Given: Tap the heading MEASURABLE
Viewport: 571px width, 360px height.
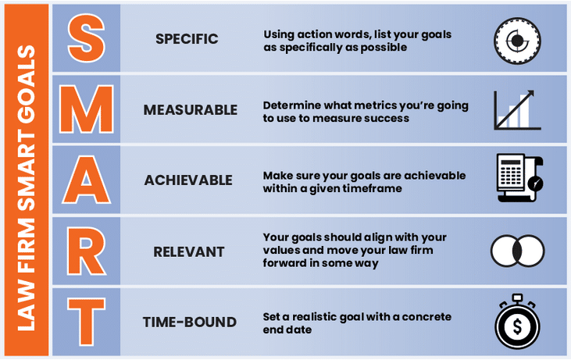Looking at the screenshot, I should click(x=190, y=110).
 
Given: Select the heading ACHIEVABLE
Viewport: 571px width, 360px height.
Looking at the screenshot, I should click(x=188, y=180).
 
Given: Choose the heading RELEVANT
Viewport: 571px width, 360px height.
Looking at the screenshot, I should click(x=189, y=251).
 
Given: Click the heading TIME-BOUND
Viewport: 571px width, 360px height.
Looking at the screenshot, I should click(x=189, y=322).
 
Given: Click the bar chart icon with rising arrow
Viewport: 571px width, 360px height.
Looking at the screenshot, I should click(x=517, y=109).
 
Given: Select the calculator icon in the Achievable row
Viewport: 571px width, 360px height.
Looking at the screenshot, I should click(x=519, y=179).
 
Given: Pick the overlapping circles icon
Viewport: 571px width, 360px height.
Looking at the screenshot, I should click(x=517, y=250).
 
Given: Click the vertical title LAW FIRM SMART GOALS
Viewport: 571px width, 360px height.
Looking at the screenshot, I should click(x=26, y=180).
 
